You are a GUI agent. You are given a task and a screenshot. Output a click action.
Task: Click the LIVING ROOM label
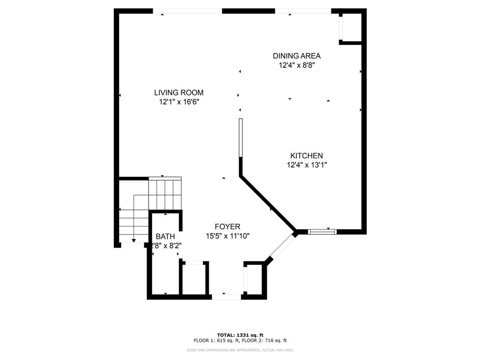coord(179,93)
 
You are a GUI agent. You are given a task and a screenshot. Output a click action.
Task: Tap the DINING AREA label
coord(297,56)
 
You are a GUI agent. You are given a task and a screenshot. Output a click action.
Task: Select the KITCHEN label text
coord(306,156)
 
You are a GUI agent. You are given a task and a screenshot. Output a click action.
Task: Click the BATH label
coord(165,236)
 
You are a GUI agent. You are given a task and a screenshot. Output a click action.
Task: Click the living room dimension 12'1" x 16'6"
coord(179,102)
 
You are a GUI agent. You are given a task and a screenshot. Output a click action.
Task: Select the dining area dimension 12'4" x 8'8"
coord(297,65)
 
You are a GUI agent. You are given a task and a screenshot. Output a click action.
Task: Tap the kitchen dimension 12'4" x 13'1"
coord(306,165)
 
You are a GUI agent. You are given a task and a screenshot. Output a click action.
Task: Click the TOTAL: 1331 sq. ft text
coord(240,335)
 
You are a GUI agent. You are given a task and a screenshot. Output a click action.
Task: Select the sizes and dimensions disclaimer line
coord(240,350)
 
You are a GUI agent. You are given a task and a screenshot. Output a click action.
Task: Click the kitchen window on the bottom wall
coord(322,231)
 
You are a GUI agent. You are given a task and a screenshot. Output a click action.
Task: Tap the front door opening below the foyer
coord(226,296)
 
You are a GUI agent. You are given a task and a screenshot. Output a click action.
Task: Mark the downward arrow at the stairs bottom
coord(134,240)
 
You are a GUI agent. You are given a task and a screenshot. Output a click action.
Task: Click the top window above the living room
coord(187,11)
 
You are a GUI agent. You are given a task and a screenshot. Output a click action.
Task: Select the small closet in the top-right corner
coord(351,28)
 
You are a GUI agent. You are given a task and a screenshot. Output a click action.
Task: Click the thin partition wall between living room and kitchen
coord(240,138)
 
